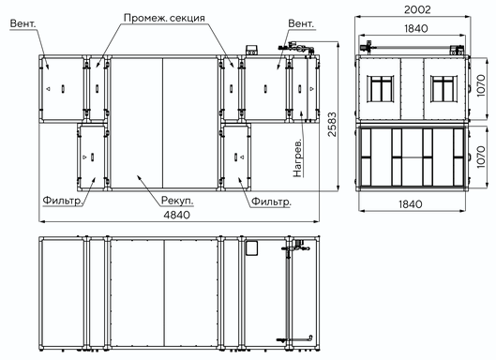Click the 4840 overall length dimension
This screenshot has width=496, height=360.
coord(177,215)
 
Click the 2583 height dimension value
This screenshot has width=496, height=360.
coord(332,124)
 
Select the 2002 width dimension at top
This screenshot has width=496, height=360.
coord(417,9)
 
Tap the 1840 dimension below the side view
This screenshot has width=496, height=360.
coord(410,204)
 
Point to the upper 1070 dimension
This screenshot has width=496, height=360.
coord(480,85)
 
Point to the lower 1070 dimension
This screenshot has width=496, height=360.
coord(480,157)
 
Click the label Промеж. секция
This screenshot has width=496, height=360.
coord(164,18)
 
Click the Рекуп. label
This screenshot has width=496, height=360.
coord(177,201)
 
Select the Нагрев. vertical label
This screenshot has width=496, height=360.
coord(297,157)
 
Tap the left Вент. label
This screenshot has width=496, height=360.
coord(23,23)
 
